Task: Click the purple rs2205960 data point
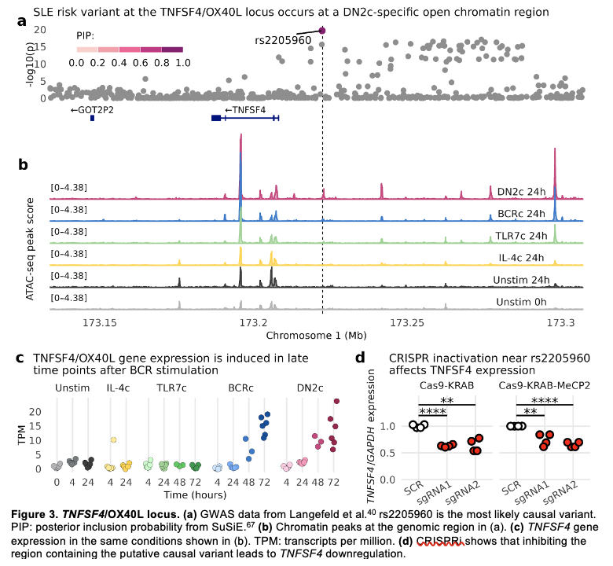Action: [x=322, y=30]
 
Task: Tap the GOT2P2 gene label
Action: [x=92, y=110]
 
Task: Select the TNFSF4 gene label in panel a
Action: [x=245, y=110]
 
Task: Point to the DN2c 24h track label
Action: [x=521, y=191]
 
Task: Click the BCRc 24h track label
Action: [x=521, y=213]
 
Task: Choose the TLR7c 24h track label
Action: [x=519, y=235]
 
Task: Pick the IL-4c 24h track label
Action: [x=521, y=257]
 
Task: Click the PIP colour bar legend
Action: [x=130, y=50]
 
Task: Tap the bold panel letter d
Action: [x=360, y=358]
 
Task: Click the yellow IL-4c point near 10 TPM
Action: [x=113, y=439]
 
